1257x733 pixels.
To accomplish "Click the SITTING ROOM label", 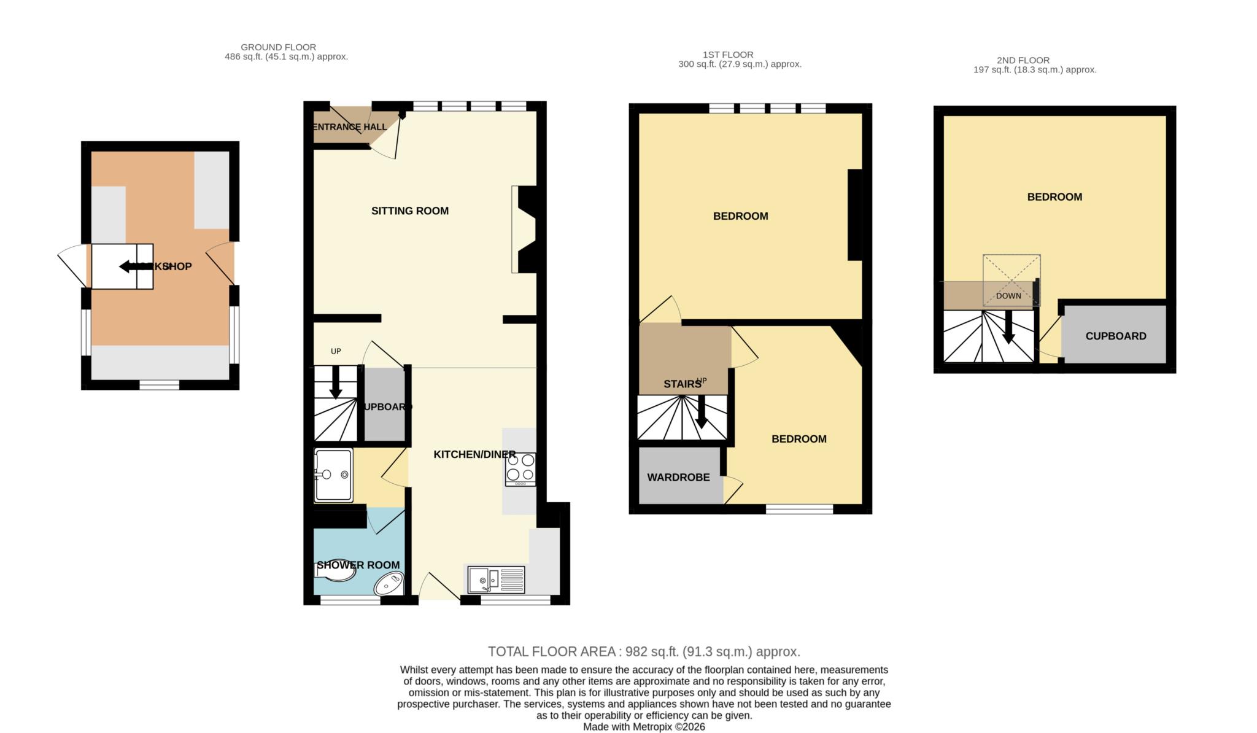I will click(x=409, y=211).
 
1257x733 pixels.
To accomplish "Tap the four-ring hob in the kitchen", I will click(x=520, y=468).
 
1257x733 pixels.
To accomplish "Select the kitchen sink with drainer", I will click(x=497, y=580).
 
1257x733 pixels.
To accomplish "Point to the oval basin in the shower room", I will click(x=389, y=583).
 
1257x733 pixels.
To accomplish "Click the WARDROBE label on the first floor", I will click(x=678, y=477).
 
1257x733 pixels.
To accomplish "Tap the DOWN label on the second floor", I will click(x=1008, y=295).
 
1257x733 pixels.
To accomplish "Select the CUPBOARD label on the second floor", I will click(x=1115, y=336).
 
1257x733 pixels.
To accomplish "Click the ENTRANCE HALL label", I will click(x=350, y=127).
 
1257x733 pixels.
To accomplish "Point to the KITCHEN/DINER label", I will click(x=474, y=454).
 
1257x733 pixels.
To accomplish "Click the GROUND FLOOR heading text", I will click(x=278, y=47).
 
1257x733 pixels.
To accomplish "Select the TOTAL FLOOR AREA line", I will click(x=644, y=651).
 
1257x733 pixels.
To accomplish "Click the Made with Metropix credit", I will click(x=644, y=727).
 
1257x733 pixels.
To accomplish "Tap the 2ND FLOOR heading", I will click(x=1023, y=60).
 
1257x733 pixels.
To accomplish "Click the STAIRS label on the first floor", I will click(x=682, y=384).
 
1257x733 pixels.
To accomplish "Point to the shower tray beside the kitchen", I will click(x=333, y=475).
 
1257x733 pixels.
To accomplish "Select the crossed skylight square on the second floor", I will click(x=1011, y=280).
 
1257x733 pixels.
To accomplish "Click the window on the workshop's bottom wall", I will click(x=159, y=385).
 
